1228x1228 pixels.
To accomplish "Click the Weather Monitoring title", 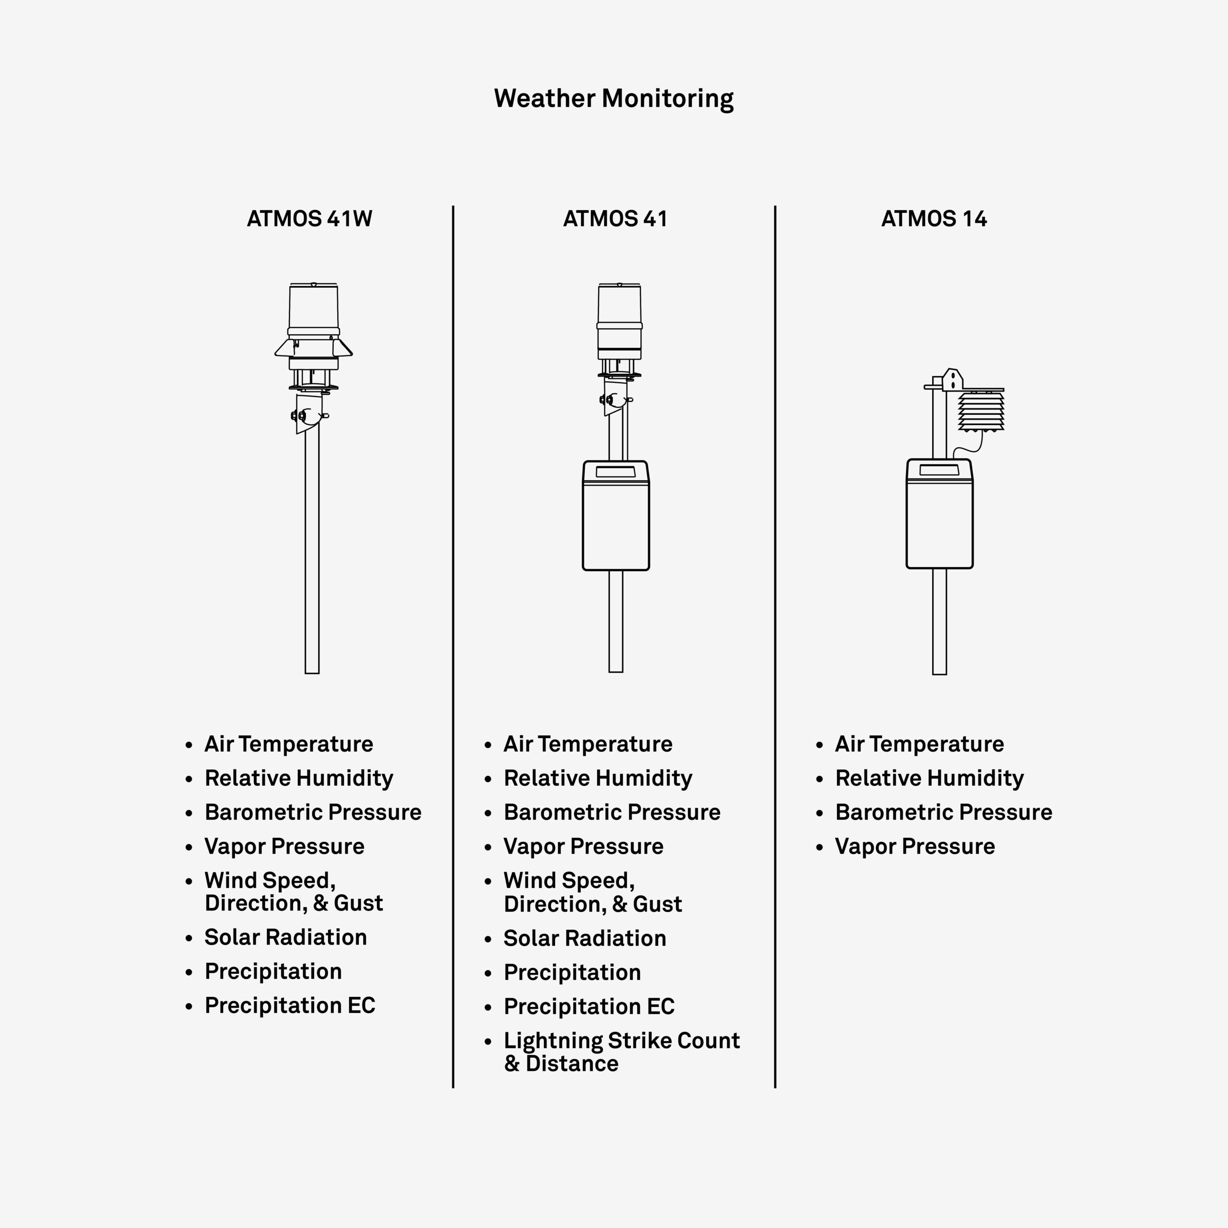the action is point(614,98).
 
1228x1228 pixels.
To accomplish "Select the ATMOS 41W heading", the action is point(309,219).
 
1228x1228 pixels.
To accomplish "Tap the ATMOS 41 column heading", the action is point(615,219).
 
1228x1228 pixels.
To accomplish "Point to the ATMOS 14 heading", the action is point(934,219).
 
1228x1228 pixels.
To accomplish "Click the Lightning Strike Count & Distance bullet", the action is point(622,1052).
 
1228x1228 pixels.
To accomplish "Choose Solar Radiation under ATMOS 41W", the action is point(285,937).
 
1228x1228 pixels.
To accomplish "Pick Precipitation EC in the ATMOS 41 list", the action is point(589,1007).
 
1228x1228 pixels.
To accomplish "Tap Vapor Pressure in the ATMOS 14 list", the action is point(915,847).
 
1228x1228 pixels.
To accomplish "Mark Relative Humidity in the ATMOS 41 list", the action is point(598,779).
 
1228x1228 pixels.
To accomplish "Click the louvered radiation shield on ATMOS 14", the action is point(981,411).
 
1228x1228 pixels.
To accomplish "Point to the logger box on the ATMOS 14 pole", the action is point(939,514).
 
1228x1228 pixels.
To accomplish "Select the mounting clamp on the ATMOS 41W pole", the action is point(309,414).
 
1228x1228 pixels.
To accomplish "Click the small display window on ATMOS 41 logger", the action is point(615,472).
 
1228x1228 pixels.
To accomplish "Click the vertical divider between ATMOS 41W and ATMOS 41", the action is point(453,647).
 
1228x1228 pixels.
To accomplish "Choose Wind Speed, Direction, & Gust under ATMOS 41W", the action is point(294,892).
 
